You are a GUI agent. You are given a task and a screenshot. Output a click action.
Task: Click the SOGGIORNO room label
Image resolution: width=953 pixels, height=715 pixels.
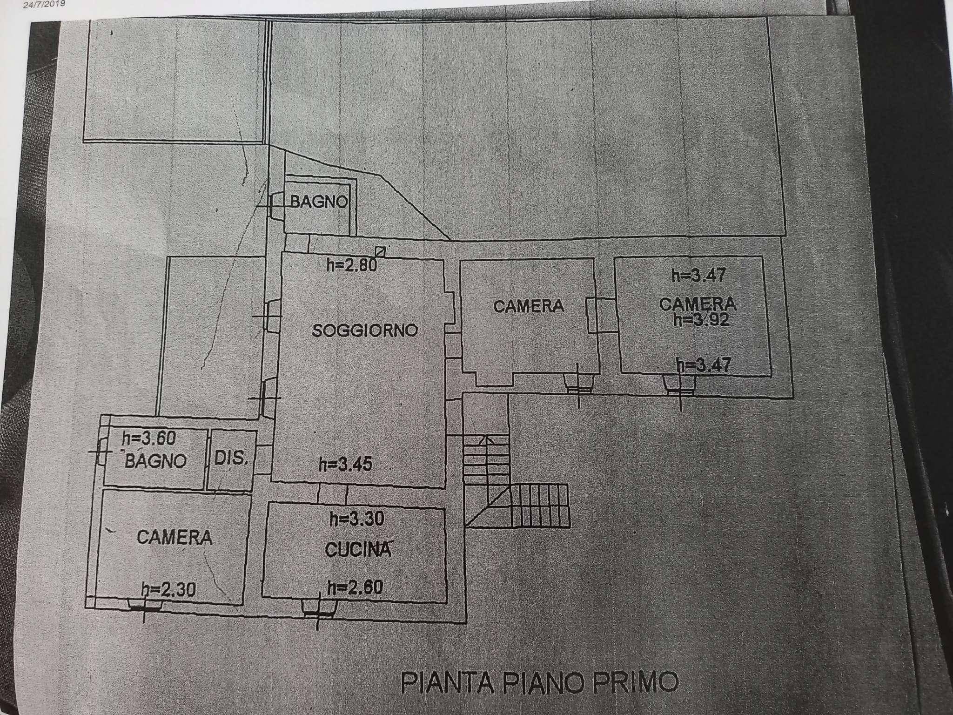[x=365, y=331]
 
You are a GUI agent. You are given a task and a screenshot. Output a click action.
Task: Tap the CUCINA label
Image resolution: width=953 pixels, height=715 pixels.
[x=357, y=549]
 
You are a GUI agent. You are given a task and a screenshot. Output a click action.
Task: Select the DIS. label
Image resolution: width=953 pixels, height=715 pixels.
[x=231, y=458]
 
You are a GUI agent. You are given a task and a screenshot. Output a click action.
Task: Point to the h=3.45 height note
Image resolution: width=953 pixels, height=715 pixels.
[x=345, y=464]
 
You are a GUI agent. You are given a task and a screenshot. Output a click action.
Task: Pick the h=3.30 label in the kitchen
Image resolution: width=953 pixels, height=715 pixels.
[x=356, y=519]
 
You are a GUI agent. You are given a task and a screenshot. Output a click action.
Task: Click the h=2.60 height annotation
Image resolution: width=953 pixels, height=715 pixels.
[x=355, y=587]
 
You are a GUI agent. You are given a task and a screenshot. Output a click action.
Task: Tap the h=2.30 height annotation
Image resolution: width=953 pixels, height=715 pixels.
[x=168, y=590]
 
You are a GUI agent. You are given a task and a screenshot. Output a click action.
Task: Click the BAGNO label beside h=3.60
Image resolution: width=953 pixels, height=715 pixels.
[x=156, y=461]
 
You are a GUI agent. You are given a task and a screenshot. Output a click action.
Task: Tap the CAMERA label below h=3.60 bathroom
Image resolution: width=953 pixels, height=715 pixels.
[x=174, y=538]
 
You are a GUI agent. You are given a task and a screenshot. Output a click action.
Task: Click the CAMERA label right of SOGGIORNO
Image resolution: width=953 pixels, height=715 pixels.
[x=529, y=306]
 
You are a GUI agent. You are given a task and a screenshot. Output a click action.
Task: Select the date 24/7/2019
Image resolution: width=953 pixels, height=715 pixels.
[x=45, y=4]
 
